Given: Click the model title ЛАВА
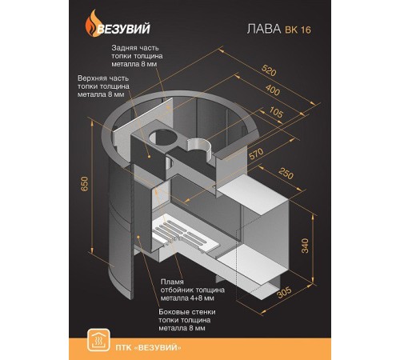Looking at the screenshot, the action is (x=264, y=29).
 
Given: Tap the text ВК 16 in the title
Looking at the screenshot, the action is (x=298, y=30).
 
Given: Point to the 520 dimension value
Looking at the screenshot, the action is (x=269, y=70).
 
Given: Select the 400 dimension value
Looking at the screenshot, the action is (x=273, y=90).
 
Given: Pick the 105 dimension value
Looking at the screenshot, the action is (x=276, y=112).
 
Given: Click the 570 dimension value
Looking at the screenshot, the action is (x=256, y=154).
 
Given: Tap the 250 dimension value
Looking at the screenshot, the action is (x=286, y=174).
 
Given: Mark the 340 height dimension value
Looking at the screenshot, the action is (x=305, y=246).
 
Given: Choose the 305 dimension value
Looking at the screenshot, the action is (x=284, y=293).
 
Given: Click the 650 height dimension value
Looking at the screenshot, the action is (x=84, y=183).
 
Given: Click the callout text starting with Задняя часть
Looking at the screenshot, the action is (x=137, y=56).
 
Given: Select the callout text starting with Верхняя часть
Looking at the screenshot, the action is (x=103, y=86).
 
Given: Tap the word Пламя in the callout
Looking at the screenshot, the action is (x=172, y=282).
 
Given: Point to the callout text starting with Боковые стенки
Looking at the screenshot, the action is (x=187, y=320).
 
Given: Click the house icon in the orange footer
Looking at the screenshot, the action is (x=98, y=340).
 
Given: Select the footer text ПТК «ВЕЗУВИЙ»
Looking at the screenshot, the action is (x=148, y=347).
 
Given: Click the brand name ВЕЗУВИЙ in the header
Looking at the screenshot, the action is (x=123, y=29).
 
